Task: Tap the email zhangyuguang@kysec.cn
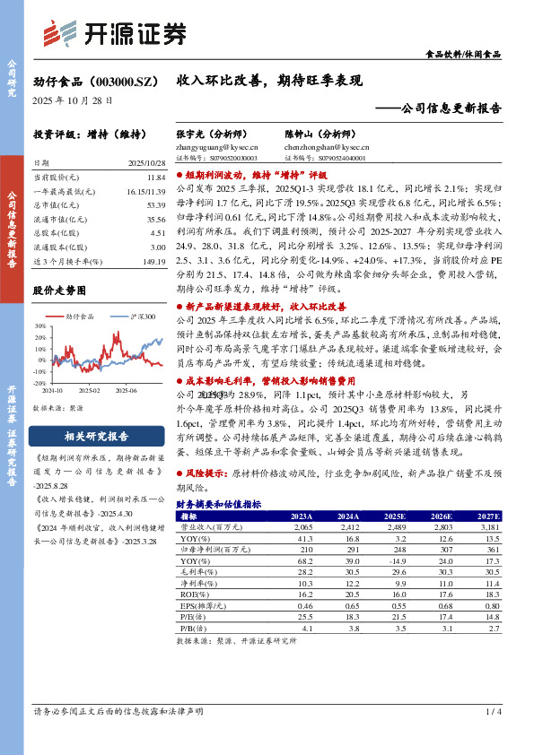coord(216,145)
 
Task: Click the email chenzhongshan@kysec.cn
coord(329,145)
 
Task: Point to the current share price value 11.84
coord(157,178)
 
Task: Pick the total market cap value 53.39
coord(156,205)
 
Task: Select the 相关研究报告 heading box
coord(96,437)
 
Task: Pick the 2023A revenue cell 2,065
coord(301,527)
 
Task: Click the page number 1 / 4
coord(493,736)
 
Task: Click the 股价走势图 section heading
coord(59,291)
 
